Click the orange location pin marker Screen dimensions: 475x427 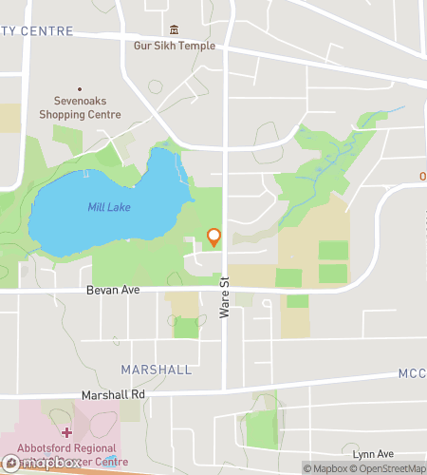click(x=214, y=237)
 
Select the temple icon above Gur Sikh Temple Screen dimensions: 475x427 click(x=174, y=30)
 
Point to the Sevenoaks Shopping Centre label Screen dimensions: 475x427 click(x=80, y=107)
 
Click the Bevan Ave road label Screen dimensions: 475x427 click(x=113, y=290)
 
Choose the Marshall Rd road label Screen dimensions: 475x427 click(x=113, y=394)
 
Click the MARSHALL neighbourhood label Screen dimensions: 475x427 click(x=157, y=369)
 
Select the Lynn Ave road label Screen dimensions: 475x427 click(x=371, y=454)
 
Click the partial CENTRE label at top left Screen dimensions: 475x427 click(x=37, y=31)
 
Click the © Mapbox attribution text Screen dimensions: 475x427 click(x=325, y=467)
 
